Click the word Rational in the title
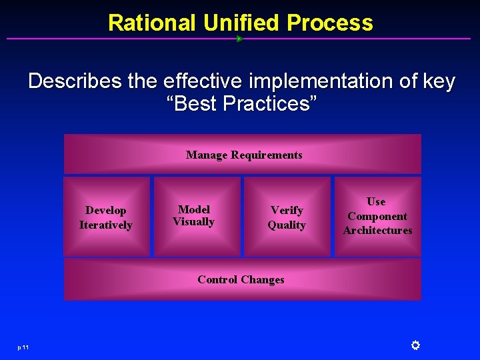(153, 23)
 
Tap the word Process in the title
(330, 23)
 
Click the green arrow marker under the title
(239, 39)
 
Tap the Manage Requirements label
(244, 155)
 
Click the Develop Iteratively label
(106, 217)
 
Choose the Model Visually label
(193, 215)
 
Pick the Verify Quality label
(287, 217)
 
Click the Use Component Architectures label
(377, 216)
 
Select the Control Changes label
(241, 279)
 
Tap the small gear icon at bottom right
(415, 345)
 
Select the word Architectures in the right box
(377, 231)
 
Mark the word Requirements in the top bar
(267, 155)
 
